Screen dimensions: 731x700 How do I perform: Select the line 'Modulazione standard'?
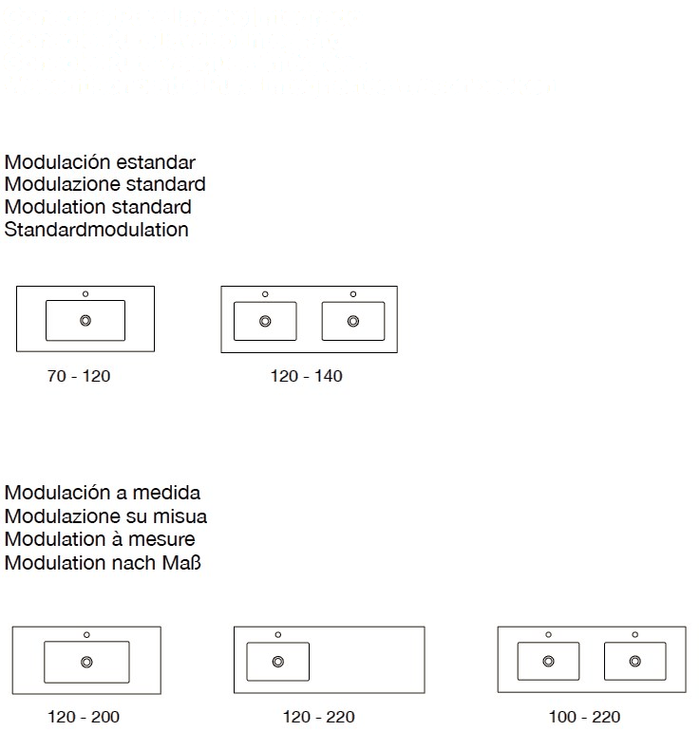tap(105, 184)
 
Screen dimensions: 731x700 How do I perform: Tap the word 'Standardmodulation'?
tap(97, 230)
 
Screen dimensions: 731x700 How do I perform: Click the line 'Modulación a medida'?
tap(103, 494)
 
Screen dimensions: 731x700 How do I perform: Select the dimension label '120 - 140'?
tap(306, 377)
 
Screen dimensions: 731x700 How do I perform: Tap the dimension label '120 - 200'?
tap(84, 716)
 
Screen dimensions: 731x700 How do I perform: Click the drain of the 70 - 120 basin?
tap(85, 321)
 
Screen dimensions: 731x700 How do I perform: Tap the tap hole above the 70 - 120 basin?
tap(85, 293)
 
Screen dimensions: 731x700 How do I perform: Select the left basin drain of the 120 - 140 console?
tap(265, 321)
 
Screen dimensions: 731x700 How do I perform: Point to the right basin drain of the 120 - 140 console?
tap(353, 321)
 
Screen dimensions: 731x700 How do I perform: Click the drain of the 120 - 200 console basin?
tap(86, 662)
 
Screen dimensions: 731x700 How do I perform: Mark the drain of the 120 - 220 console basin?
tap(278, 661)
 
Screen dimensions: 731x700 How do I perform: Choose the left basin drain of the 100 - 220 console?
tap(548, 661)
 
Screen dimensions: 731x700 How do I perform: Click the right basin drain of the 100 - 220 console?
tap(634, 661)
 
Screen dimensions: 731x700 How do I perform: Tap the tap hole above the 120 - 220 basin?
tap(278, 633)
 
